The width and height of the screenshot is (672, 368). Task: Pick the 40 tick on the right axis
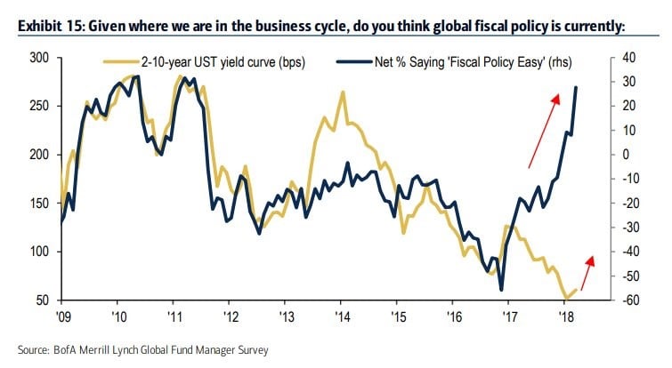point(629,58)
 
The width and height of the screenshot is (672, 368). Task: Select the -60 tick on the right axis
point(631,300)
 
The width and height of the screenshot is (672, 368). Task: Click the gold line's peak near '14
point(342,92)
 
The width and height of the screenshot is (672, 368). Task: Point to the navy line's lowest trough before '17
point(502,290)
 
